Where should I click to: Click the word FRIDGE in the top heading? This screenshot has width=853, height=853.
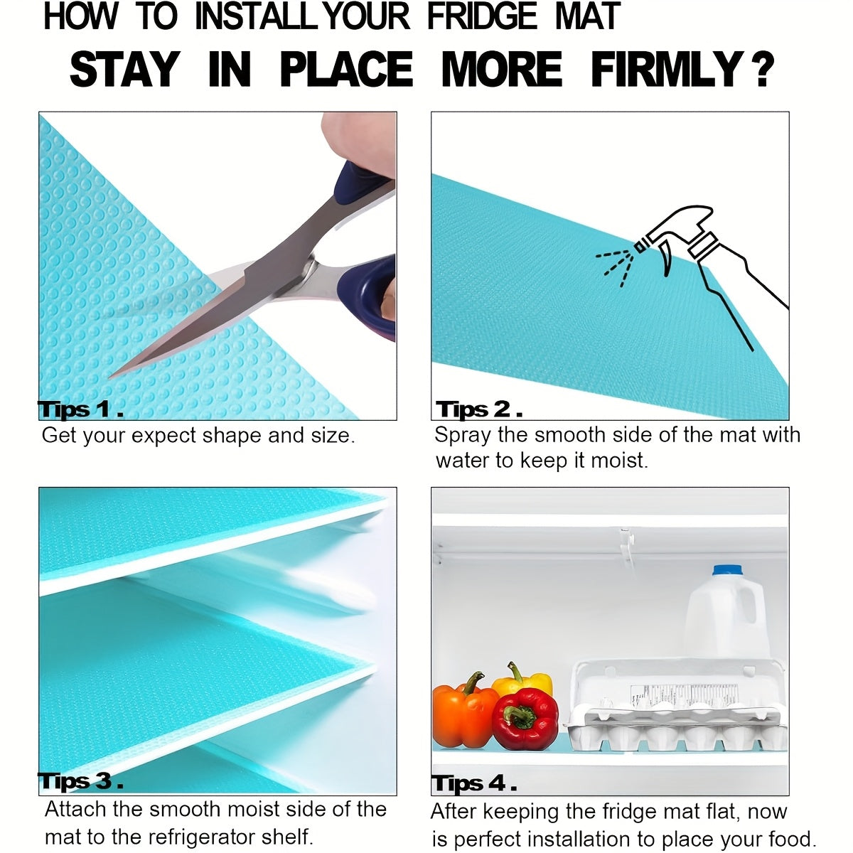click(482, 17)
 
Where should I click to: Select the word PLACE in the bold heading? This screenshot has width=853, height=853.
click(347, 69)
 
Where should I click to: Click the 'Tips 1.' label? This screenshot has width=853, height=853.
click(80, 409)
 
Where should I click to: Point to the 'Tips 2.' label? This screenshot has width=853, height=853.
click(479, 409)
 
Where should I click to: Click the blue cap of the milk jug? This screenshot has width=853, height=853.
click(727, 570)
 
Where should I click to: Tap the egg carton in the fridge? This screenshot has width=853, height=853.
click(676, 708)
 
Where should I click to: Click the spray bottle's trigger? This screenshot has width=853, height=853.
click(666, 261)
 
